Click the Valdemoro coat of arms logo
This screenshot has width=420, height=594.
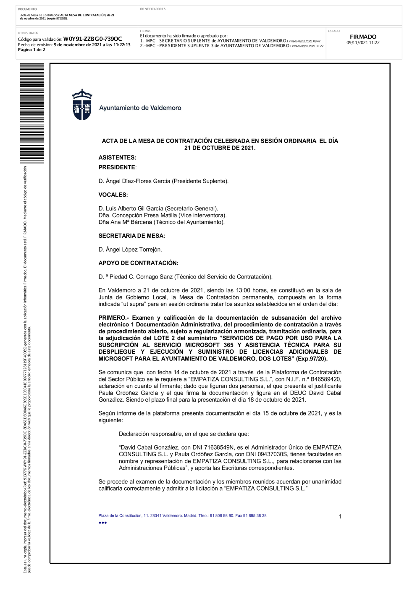(82, 105)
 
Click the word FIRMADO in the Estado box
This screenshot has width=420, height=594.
(363, 37)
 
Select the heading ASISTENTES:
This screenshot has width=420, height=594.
(117, 158)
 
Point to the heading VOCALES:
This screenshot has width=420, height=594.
(113, 195)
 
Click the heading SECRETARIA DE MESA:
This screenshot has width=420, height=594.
(131, 236)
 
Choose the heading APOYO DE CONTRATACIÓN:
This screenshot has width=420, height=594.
(138, 263)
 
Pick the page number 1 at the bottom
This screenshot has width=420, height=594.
(340, 517)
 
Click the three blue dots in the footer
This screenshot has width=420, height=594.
(102, 523)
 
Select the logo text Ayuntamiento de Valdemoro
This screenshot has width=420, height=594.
(140, 108)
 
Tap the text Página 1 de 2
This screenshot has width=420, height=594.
(31, 50)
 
